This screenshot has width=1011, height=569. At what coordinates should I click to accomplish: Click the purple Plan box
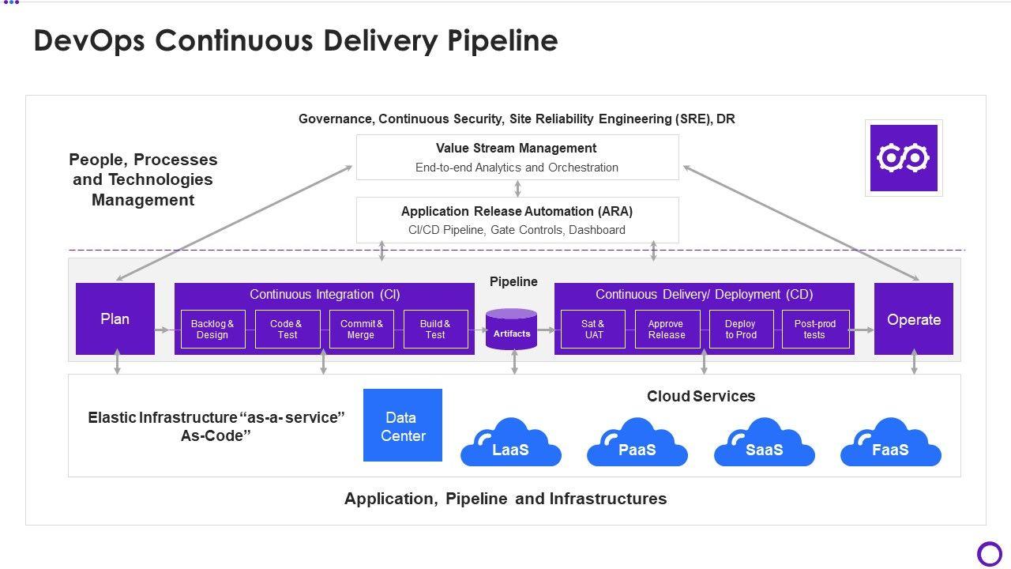pos(115,318)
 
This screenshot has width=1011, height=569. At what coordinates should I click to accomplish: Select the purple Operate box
pos(914,319)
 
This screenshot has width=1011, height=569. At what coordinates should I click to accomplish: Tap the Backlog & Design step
pos(212,330)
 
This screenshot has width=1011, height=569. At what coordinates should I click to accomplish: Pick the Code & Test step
pos(288,330)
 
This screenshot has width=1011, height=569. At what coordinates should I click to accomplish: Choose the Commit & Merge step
pos(362,330)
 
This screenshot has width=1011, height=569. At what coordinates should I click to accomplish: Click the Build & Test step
pos(435,330)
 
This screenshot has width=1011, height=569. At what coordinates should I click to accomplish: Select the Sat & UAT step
pos(593,330)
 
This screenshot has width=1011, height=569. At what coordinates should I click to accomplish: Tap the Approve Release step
pos(667,330)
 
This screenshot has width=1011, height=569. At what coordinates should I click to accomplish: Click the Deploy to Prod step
pos(741,330)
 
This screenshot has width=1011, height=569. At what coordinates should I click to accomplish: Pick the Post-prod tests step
pos(815,330)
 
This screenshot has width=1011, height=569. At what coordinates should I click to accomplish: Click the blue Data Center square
pos(403,425)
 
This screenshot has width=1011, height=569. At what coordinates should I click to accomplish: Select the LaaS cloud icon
pos(511,444)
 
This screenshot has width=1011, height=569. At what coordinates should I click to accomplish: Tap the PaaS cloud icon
pos(637,444)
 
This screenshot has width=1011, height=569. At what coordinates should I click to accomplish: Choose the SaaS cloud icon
pos(765,444)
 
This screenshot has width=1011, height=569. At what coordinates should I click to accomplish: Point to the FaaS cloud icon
pos(891,444)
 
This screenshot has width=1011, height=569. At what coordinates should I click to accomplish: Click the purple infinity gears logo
pos(904,158)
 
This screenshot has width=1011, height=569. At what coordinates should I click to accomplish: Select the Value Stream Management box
pos(517,157)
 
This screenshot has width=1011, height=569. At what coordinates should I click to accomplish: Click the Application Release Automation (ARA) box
pos(517,220)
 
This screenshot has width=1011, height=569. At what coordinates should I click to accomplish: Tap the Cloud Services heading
pos(701,396)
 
